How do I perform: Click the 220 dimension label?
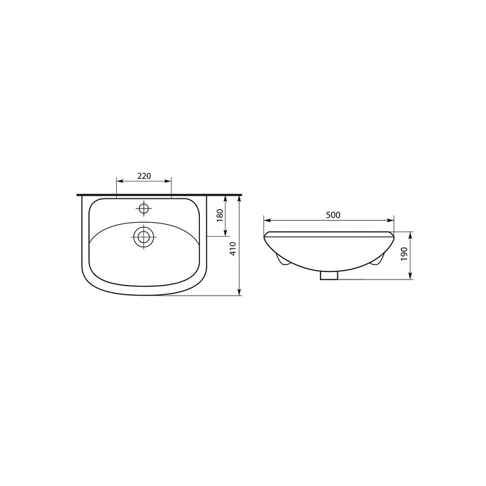[144, 176]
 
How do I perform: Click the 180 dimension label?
[220, 215]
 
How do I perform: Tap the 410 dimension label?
[234, 248]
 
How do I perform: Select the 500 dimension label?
[333, 215]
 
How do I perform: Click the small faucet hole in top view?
[144, 208]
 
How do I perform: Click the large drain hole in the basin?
[144, 237]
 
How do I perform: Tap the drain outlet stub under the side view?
[329, 275]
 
